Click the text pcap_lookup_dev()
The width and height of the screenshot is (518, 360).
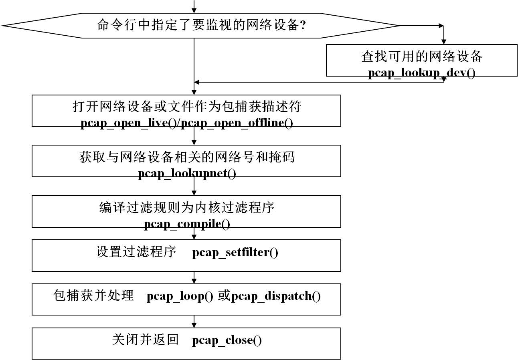click(x=421, y=74)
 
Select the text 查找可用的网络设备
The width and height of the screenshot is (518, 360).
click(x=421, y=57)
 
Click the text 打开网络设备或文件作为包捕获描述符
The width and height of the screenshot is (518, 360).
click(x=186, y=107)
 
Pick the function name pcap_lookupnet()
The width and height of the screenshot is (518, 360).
click(x=187, y=174)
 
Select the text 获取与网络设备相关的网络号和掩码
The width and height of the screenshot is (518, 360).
click(x=187, y=157)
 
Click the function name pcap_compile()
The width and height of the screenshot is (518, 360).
click(x=187, y=224)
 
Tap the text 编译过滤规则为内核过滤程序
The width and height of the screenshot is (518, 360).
click(x=187, y=208)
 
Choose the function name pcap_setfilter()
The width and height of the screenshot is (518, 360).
click(x=235, y=253)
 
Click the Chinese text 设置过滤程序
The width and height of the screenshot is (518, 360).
click(x=136, y=252)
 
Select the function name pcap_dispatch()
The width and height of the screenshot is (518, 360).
click(x=276, y=296)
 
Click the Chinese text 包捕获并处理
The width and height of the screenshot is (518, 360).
click(x=93, y=296)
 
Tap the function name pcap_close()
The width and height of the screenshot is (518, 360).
click(x=227, y=340)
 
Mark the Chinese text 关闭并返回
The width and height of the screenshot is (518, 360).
click(x=145, y=340)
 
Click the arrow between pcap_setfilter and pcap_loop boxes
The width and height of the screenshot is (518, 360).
click(x=194, y=277)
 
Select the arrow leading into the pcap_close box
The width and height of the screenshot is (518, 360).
click(x=194, y=322)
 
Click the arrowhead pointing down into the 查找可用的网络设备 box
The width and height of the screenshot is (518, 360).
click(x=443, y=41)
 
